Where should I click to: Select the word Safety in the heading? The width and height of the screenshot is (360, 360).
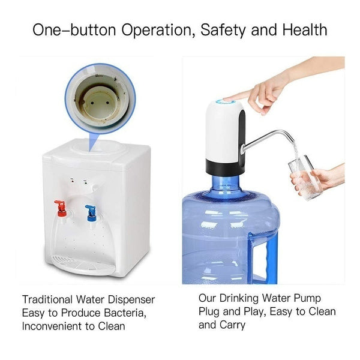231,29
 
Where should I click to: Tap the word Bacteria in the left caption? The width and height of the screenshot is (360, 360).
124,313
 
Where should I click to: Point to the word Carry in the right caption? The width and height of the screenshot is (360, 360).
232,325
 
